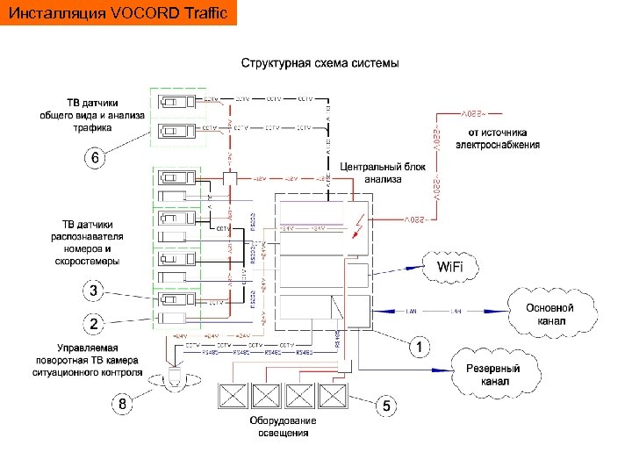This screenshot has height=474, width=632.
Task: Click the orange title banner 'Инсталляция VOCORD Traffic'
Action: pos(118,14)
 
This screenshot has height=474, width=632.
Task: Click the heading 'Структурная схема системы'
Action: pos(320,63)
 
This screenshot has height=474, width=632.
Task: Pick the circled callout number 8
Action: pos(126,405)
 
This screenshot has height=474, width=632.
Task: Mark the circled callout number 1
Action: pos(422,347)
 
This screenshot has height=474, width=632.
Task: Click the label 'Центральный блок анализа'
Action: pos(371,172)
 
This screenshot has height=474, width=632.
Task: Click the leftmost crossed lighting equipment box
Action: pos(233,397)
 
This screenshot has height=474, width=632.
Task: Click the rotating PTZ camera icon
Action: pos(174,378)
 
